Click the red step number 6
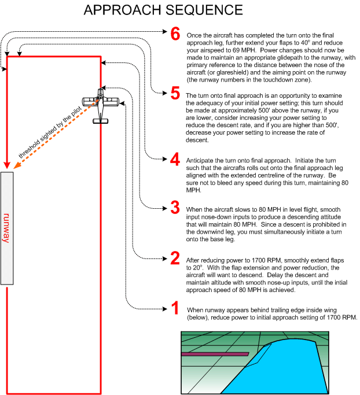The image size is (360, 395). [x=174, y=33]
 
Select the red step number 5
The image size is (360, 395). [x=174, y=94]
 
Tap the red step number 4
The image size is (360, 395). [x=174, y=160]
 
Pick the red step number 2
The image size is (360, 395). [x=174, y=258]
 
